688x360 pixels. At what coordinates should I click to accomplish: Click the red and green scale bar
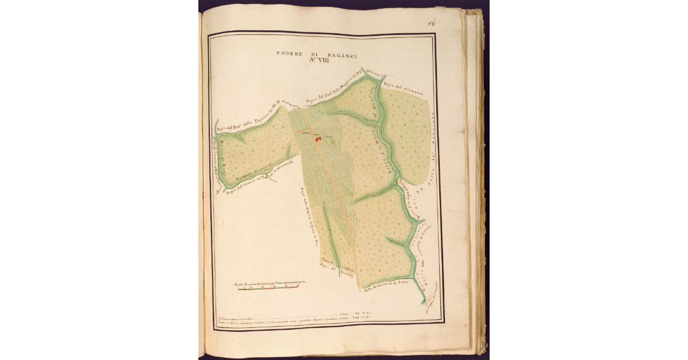268,288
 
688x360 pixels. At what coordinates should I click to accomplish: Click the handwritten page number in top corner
431,24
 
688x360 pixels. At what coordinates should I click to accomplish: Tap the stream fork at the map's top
383,78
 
